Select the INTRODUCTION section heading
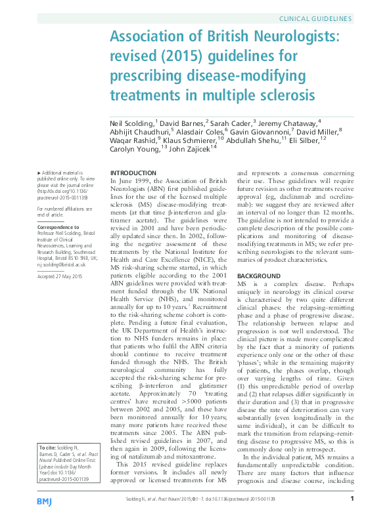tap(131, 173)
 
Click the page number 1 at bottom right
tap(352, 499)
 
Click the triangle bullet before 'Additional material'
tap(39, 172)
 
